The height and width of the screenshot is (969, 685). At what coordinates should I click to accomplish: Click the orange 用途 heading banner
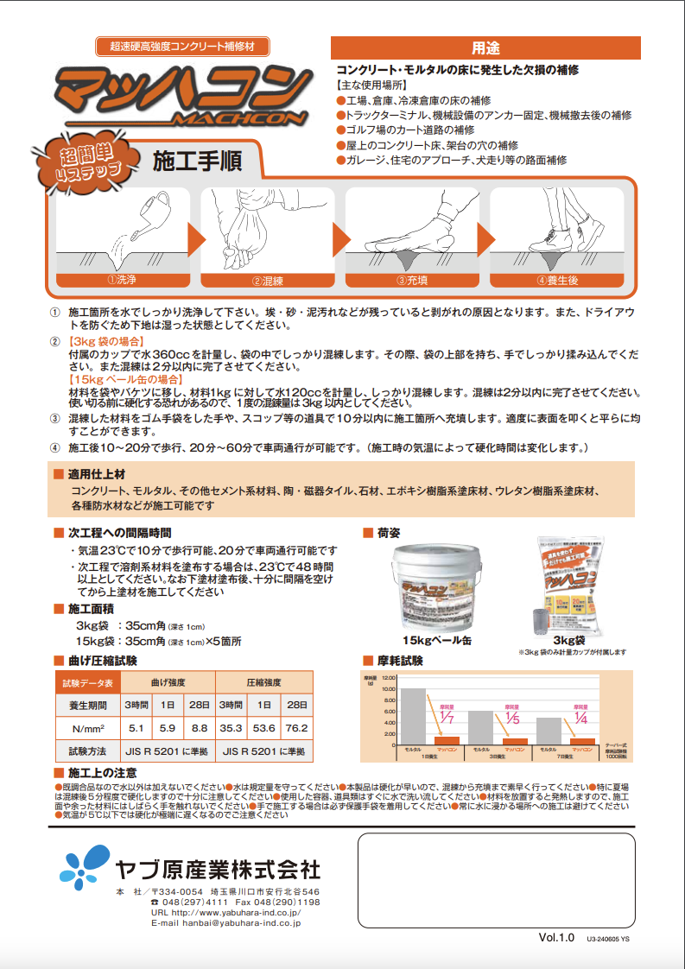485,47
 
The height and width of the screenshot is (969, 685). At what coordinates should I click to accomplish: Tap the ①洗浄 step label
121,280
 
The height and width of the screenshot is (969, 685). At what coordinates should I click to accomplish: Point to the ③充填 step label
412,280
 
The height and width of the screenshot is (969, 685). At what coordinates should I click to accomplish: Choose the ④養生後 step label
558,280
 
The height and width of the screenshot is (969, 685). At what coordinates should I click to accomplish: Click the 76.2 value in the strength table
295,728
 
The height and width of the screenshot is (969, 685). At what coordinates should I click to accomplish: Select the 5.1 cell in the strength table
136,728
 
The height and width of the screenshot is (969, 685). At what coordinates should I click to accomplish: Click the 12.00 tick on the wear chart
387,679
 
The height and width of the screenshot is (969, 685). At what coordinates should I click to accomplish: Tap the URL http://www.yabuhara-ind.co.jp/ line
225,912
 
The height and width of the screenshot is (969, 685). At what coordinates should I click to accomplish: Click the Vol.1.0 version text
556,936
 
